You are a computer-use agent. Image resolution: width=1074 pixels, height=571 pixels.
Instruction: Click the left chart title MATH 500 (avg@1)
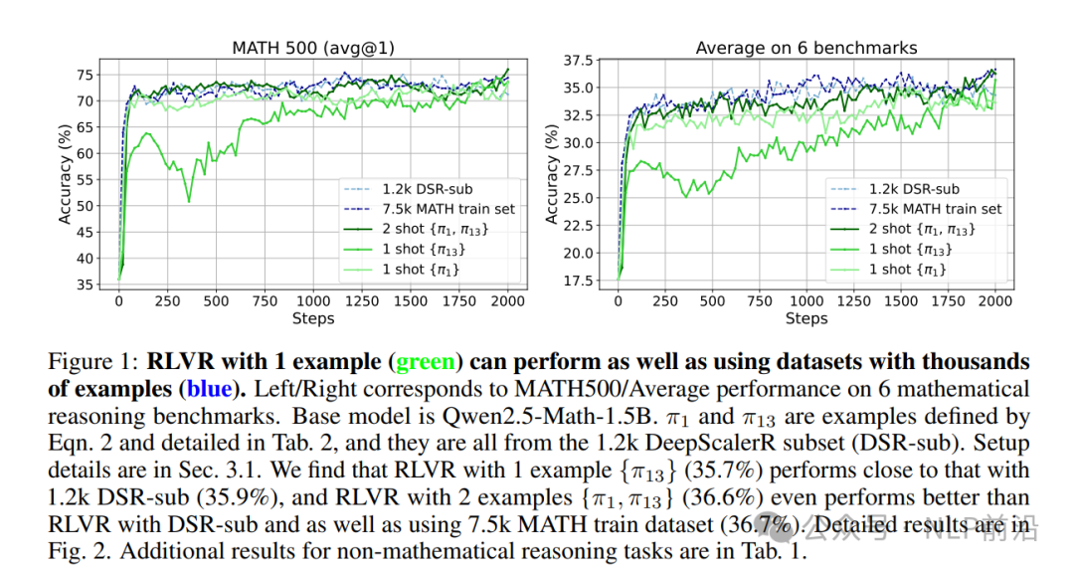tap(313, 47)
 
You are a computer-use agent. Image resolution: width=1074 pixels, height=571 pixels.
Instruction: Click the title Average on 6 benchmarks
tap(805, 47)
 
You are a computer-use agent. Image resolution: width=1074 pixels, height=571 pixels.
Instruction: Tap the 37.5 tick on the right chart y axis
tap(577, 62)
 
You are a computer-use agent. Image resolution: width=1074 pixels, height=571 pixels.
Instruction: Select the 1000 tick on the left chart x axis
tap(313, 301)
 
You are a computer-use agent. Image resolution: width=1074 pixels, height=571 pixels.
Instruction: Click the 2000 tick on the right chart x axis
tap(995, 301)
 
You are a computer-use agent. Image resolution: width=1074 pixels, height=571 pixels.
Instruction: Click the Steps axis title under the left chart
tap(313, 318)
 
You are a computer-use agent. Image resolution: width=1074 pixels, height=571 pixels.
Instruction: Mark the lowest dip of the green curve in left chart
tap(189, 202)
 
